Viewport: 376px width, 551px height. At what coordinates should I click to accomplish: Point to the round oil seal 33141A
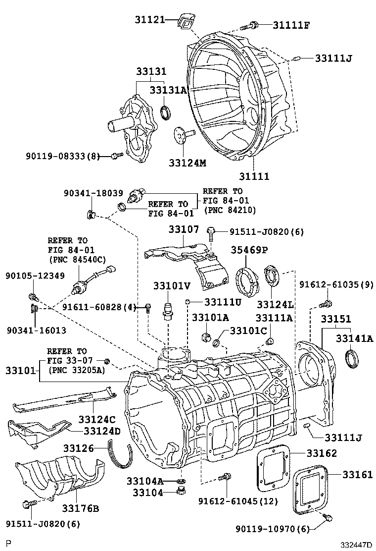(x=352, y=358)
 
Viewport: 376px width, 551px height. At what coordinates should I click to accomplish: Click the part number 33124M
(x=187, y=163)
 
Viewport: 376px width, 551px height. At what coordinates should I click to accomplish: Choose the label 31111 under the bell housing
(x=254, y=176)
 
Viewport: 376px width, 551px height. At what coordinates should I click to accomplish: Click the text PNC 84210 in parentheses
(x=229, y=210)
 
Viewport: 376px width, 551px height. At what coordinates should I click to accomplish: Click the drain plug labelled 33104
(x=181, y=492)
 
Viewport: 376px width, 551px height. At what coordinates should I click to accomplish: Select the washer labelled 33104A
(x=181, y=481)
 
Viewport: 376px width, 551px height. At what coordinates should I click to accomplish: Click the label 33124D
(x=102, y=431)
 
